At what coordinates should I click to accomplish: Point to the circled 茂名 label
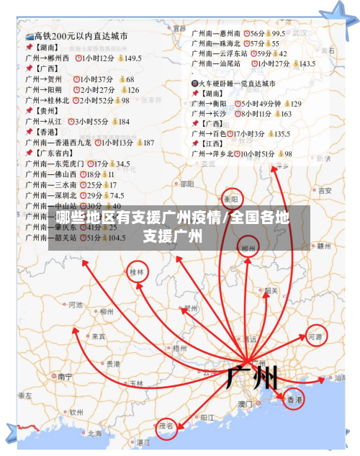click(167, 426)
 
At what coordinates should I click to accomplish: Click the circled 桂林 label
click(135, 272)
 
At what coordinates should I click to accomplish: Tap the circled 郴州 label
click(249, 249)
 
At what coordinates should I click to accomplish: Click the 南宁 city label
click(66, 376)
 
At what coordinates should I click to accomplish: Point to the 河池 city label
click(76, 305)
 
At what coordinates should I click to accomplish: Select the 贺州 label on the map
click(191, 308)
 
